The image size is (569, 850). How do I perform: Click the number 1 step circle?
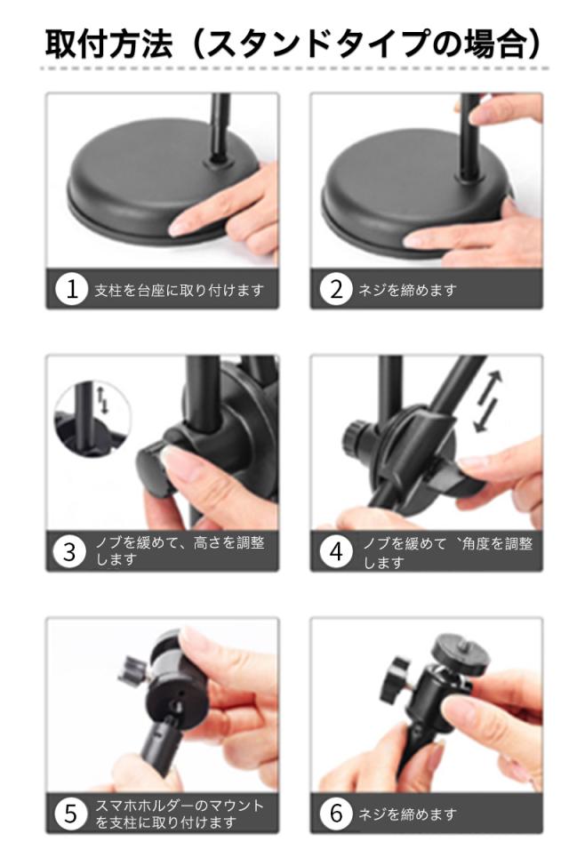[x=71, y=290]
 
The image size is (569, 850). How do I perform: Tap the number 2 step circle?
[x=336, y=290]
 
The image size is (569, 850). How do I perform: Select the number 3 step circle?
[x=70, y=552]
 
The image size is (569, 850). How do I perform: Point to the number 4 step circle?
[x=336, y=552]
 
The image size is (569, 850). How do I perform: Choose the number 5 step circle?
[x=71, y=814]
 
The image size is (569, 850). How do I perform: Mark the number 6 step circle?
[x=336, y=814]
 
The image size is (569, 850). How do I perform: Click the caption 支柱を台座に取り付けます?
[x=180, y=291]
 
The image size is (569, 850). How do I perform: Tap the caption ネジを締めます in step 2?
[x=407, y=291]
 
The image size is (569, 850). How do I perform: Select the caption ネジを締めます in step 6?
[x=407, y=814]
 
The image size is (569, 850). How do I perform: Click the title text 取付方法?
[x=109, y=44]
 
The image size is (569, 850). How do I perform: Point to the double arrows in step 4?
[x=488, y=402]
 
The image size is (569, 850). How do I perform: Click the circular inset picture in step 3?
[x=92, y=418]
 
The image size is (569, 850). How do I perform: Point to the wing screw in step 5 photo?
[x=132, y=669]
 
